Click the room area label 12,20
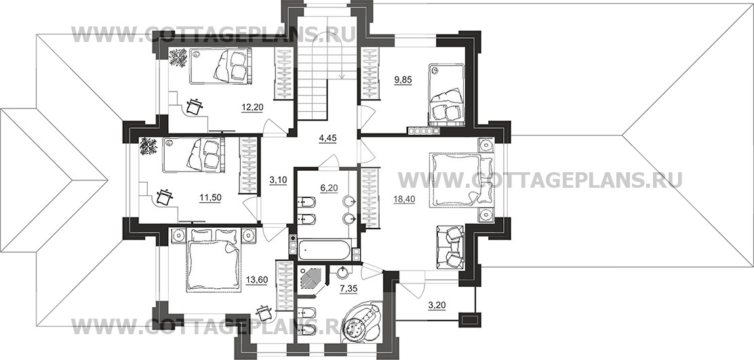(x=252, y=108)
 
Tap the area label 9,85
(x=403, y=80)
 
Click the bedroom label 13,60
(x=256, y=280)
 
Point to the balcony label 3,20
(x=436, y=304)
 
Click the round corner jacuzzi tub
(x=361, y=321)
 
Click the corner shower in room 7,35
(x=312, y=280)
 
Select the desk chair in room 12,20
(x=194, y=106)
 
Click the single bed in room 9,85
(x=447, y=94)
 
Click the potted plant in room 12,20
(x=178, y=58)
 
